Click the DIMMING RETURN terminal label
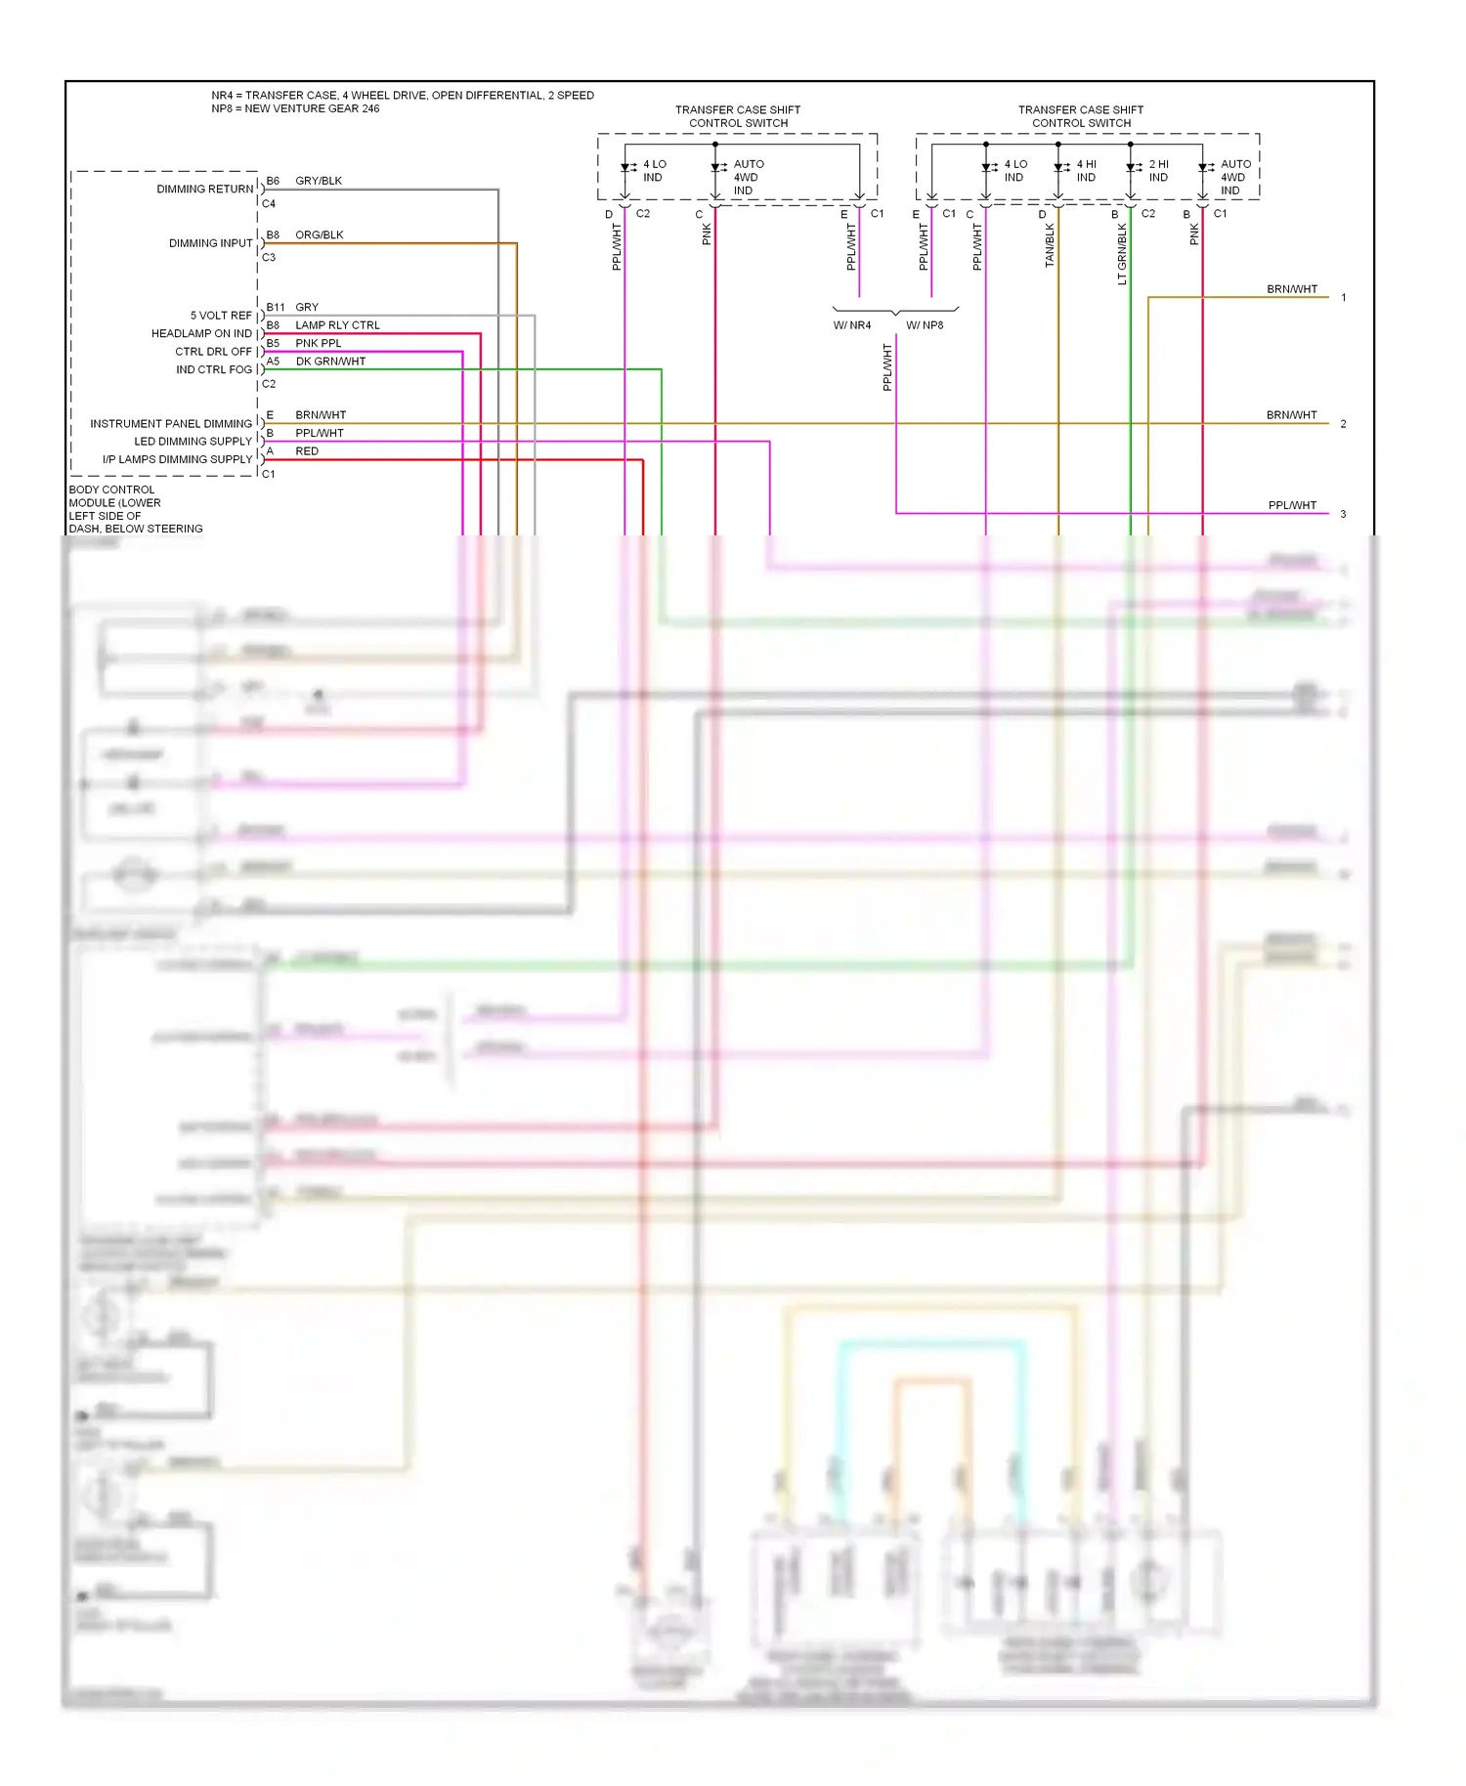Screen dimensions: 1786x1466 coord(204,190)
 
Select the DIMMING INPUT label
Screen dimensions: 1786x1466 coord(210,243)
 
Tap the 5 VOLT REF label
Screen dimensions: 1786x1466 coord(220,316)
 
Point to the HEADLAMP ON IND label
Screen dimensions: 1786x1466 coord(201,334)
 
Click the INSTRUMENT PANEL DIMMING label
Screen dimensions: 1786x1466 coord(171,424)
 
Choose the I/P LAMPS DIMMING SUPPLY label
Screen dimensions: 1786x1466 coord(177,459)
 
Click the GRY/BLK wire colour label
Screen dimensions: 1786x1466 coord(319,181)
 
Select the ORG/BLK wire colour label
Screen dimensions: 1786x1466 coord(320,235)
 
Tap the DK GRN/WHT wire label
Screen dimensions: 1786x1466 coord(330,361)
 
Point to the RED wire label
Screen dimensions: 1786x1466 coord(307,451)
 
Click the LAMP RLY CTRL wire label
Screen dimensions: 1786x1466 coord(337,325)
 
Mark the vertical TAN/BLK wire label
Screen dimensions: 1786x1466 coord(1050,245)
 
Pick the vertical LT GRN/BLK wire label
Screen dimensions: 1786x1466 coord(1122,254)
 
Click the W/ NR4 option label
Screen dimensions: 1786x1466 coord(852,325)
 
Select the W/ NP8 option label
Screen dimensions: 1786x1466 coord(925,325)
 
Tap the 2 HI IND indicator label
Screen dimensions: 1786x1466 coord(1158,171)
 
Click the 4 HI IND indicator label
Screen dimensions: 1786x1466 coord(1086,171)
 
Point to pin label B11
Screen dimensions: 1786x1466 coord(276,308)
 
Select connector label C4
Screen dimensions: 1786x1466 coord(269,204)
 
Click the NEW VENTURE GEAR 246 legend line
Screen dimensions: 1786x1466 coord(295,108)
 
